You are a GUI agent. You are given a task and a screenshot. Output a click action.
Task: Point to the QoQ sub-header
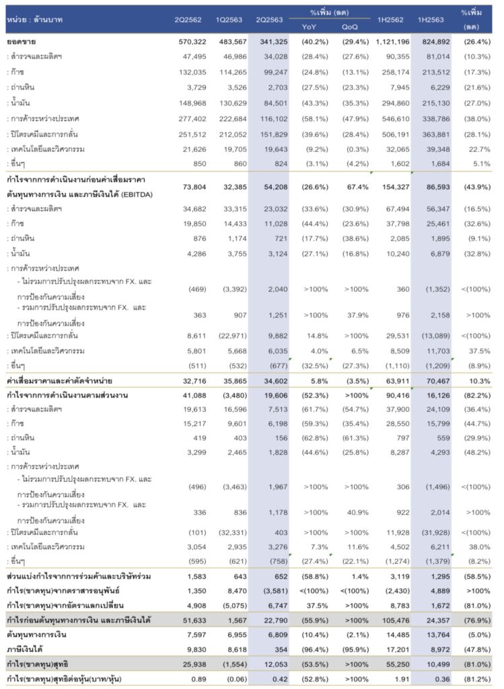click(349, 26)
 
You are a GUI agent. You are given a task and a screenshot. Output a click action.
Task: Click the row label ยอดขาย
click(22, 42)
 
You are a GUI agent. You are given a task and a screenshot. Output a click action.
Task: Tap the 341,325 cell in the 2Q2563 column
click(271, 42)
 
